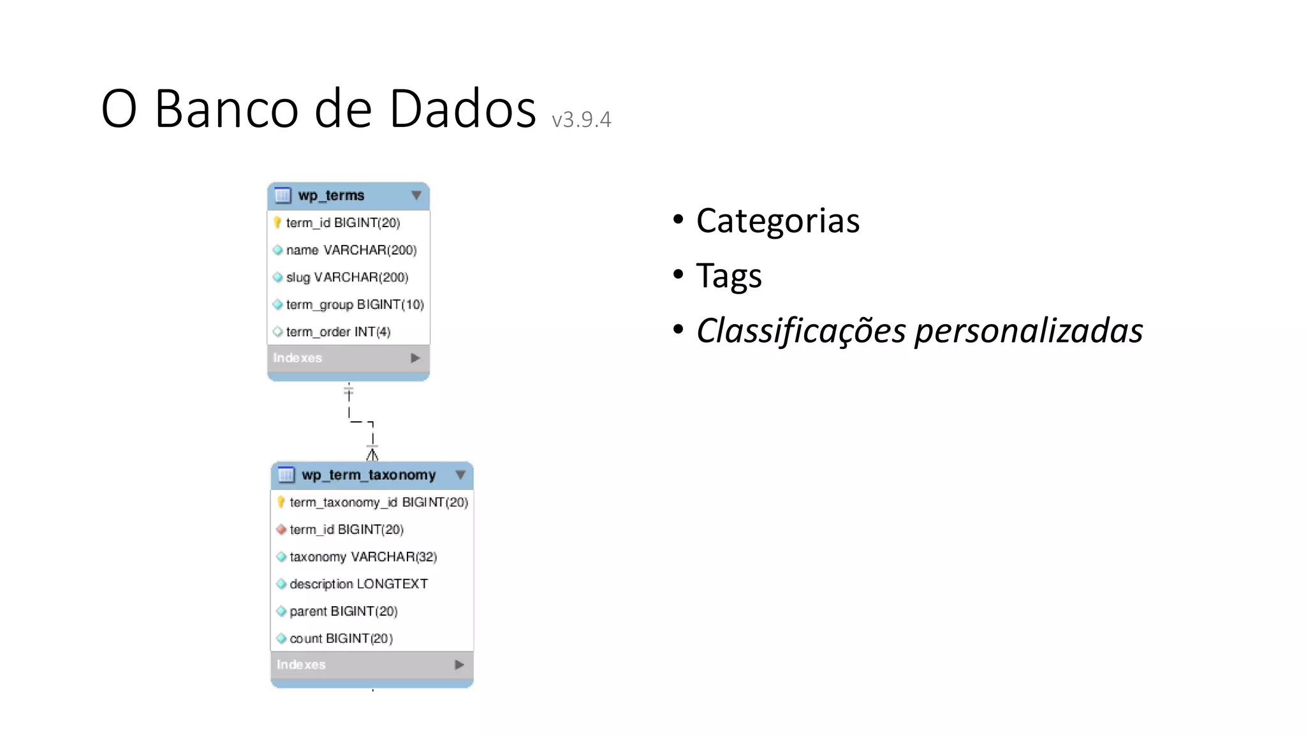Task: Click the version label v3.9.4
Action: [x=581, y=119]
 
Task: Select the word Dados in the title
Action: [x=462, y=108]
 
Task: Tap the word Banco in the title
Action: [x=226, y=108]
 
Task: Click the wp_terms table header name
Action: [x=331, y=195]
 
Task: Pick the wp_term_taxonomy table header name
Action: [x=369, y=475]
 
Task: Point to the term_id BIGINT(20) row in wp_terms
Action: [x=342, y=223]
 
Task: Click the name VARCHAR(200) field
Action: [x=351, y=250]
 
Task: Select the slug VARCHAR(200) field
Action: [x=347, y=278]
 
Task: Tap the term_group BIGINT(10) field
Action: [x=355, y=305]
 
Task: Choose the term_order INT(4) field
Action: [x=338, y=332]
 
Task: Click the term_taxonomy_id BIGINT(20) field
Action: [x=379, y=502]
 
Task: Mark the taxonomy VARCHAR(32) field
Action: [x=363, y=557]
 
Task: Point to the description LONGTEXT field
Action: [x=358, y=584]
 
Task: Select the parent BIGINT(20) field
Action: [x=343, y=611]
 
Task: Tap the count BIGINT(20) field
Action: [x=341, y=639]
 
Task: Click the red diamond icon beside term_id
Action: [x=281, y=530]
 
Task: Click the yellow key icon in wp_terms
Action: [x=277, y=223]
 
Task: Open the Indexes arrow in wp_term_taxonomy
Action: [x=459, y=665]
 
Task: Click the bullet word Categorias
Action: [x=777, y=221]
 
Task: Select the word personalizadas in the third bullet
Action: [x=1028, y=331]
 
